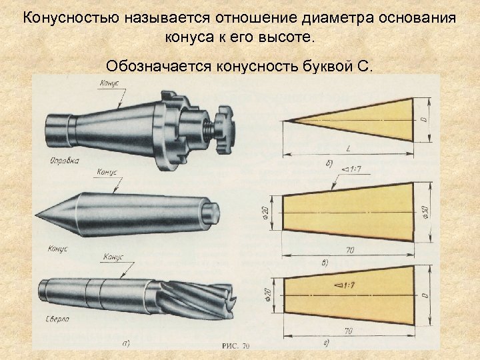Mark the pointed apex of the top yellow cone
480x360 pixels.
click(x=286, y=121)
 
